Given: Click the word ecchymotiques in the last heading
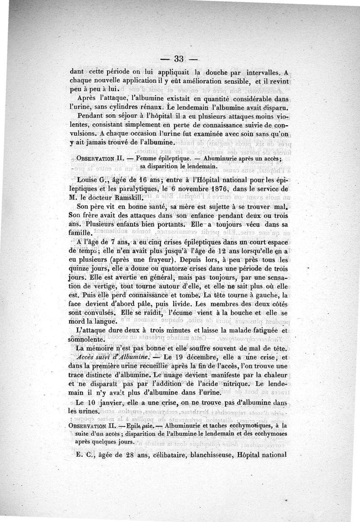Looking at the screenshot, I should coord(251,425).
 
